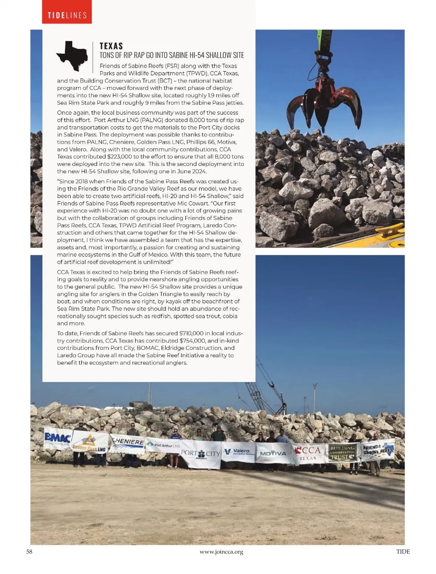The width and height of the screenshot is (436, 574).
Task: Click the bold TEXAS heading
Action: (x=111, y=46)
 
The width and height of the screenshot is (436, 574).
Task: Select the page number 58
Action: (x=29, y=552)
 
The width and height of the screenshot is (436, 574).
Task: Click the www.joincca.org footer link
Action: (x=221, y=552)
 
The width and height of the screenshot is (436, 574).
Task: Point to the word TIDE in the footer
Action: (x=403, y=552)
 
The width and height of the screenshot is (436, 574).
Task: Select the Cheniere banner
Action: (x=127, y=443)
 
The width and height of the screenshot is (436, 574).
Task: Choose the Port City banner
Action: (x=201, y=453)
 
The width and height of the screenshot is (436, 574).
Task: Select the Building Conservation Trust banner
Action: (x=342, y=453)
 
